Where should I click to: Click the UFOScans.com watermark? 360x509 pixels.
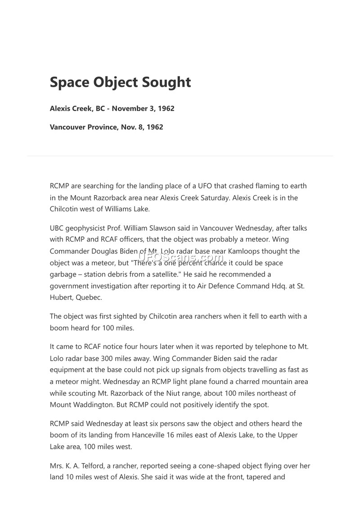(x=180, y=257)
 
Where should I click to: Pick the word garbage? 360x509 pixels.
(x=64, y=274)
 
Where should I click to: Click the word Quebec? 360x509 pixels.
(x=88, y=297)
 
